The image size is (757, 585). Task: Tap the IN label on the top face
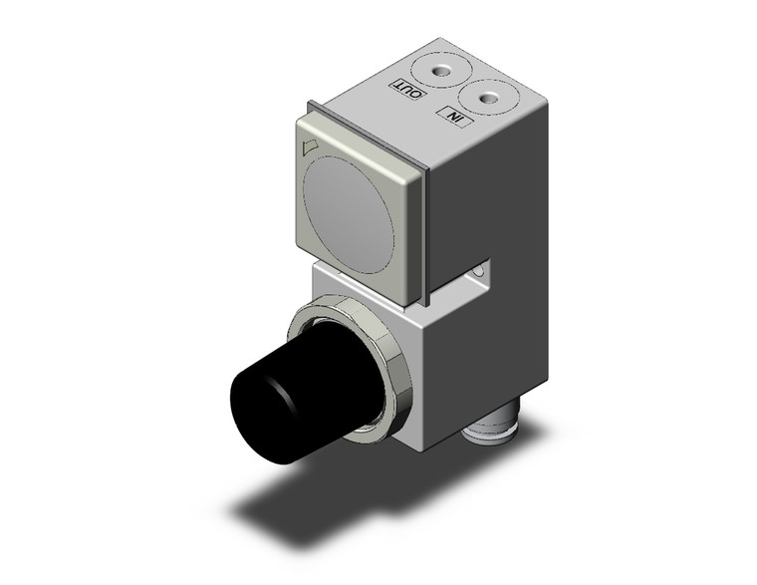456,117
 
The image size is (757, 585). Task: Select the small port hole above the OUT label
436,71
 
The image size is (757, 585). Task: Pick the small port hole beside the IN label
488,98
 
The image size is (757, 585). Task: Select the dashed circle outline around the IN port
488,98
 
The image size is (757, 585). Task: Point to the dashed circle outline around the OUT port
436,71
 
